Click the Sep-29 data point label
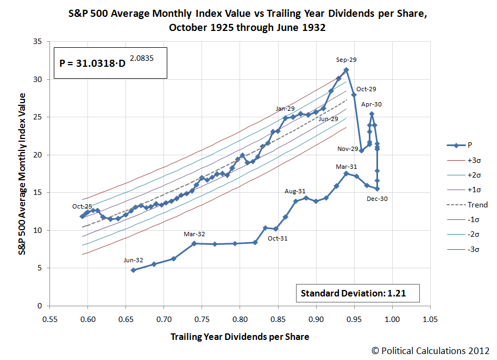(x=346, y=60)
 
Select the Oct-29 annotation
(x=366, y=89)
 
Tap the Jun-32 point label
(x=133, y=260)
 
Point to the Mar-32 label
(x=194, y=234)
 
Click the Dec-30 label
(x=376, y=199)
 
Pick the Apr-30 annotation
(x=372, y=104)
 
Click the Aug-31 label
(x=295, y=191)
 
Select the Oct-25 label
(x=82, y=206)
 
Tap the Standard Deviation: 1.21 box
(x=358, y=294)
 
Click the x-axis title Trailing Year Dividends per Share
(x=240, y=337)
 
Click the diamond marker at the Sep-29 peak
(x=346, y=70)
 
